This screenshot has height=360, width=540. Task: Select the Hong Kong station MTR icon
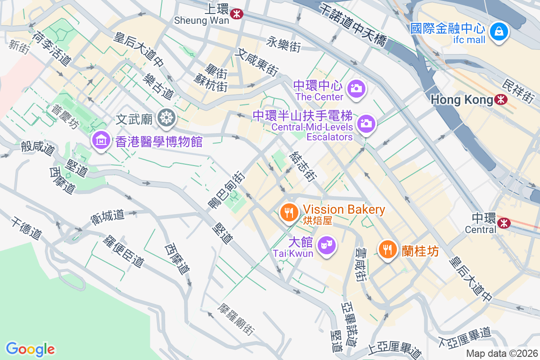(500, 99)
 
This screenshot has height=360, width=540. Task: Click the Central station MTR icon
(504, 222)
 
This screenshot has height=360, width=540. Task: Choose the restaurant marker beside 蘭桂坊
(387, 248)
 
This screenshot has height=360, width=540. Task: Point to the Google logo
(30, 349)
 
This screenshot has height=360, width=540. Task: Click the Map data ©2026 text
(501, 353)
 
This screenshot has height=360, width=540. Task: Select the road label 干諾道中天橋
(353, 25)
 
